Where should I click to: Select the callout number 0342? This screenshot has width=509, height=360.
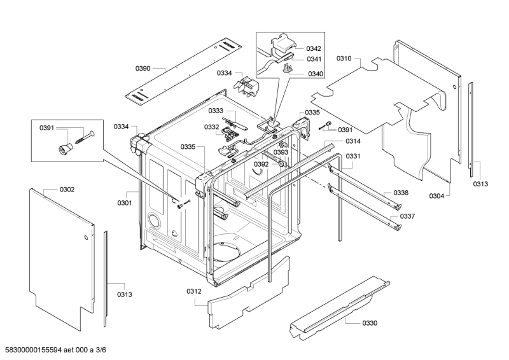[314, 48]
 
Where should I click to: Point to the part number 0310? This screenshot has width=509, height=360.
[344, 59]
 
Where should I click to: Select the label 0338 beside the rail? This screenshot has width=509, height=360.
[400, 193]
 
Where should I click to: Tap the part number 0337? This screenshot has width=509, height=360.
[407, 216]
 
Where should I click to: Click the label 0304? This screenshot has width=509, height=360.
[436, 197]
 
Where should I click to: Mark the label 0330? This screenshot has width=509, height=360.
[369, 323]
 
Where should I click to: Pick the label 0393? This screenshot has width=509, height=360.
[281, 153]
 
